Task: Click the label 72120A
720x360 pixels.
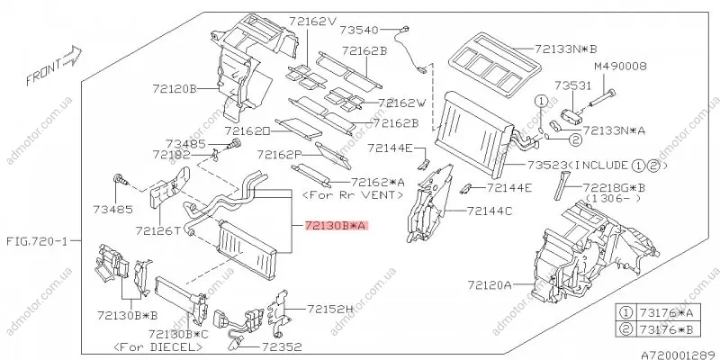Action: click(x=489, y=285)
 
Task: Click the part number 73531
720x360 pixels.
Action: click(x=571, y=85)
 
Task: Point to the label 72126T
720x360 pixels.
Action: click(x=157, y=231)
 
